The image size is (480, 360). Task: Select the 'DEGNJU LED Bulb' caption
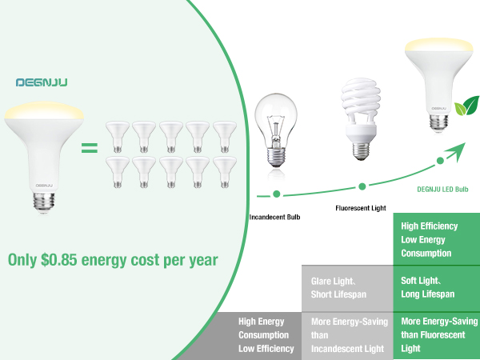pyautogui.click(x=442, y=190)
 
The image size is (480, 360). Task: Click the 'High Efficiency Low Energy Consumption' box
pyautogui.click(x=436, y=239)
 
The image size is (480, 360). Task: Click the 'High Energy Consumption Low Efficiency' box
pyautogui.click(x=264, y=334)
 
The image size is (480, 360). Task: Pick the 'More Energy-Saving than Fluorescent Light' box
pyautogui.click(x=436, y=334)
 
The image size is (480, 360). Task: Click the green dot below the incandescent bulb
pyautogui.click(x=276, y=194)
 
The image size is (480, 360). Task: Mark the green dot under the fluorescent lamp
pyautogui.click(x=362, y=186)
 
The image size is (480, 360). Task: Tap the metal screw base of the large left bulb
pyautogui.click(x=44, y=201)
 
